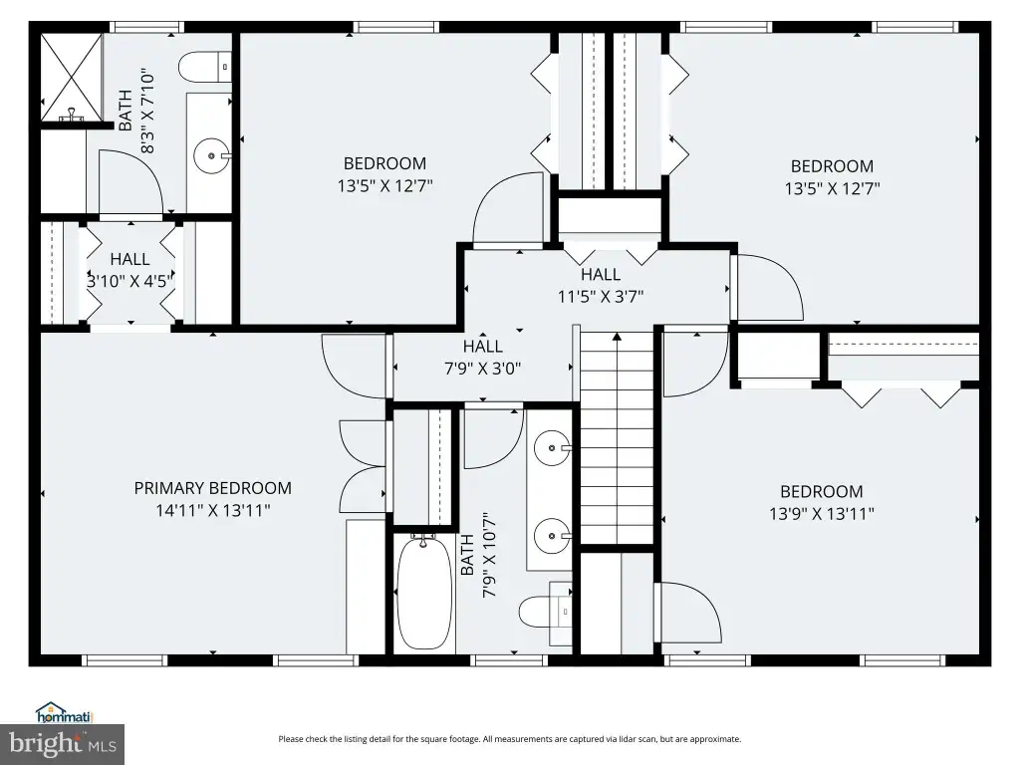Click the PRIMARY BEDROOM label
(x=213, y=488)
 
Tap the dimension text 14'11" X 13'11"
(x=213, y=510)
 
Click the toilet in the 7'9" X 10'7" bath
(x=545, y=613)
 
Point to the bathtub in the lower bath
(x=423, y=593)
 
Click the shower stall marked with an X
(x=72, y=78)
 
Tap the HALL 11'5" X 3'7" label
(x=601, y=286)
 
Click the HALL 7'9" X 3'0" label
(x=483, y=358)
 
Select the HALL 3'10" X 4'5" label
(x=130, y=270)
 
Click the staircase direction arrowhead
(x=617, y=337)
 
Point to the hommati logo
(x=65, y=713)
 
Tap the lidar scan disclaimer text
(x=510, y=739)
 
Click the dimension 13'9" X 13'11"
(x=822, y=514)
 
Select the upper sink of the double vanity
(x=553, y=448)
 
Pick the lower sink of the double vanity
(x=553, y=536)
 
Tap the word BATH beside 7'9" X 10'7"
(x=467, y=555)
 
